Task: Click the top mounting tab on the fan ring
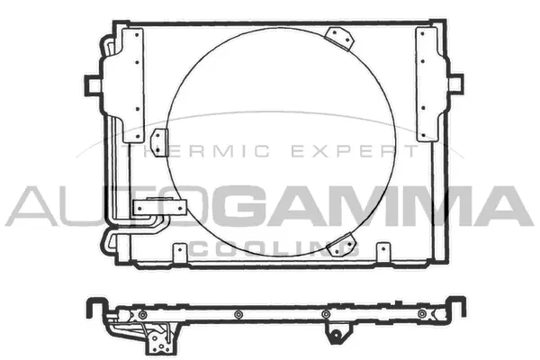click(339, 39)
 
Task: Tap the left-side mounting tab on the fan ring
click(160, 142)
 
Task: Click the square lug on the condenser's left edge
click(93, 84)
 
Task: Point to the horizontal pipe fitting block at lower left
click(153, 207)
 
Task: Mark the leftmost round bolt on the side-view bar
click(140, 313)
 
